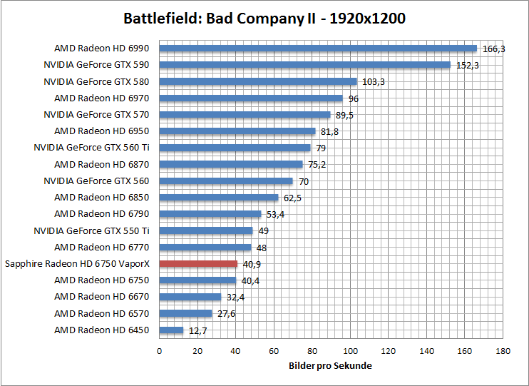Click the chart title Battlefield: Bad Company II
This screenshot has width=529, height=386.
point(264,18)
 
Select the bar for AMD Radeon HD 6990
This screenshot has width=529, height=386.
point(317,49)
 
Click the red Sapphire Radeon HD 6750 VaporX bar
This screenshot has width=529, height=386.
point(198,264)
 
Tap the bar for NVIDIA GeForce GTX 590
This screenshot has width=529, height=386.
point(304,65)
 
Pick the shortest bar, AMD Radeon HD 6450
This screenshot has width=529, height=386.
point(171,330)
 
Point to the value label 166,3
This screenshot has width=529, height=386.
point(494,49)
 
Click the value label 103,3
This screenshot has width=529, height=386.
point(373,82)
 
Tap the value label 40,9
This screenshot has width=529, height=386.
point(252,264)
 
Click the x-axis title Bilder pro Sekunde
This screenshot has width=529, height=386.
point(330,365)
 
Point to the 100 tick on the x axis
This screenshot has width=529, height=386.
point(350,351)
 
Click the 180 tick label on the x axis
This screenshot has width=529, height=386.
point(503,351)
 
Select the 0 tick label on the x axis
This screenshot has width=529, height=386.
point(159,351)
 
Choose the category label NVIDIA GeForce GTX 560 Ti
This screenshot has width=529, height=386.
point(91,148)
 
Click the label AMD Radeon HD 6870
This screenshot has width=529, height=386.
point(102,164)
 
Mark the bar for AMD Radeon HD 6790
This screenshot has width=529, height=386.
point(210,214)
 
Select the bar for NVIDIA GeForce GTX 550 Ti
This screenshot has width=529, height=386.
point(206,230)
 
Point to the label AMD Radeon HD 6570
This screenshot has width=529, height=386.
point(102,313)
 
